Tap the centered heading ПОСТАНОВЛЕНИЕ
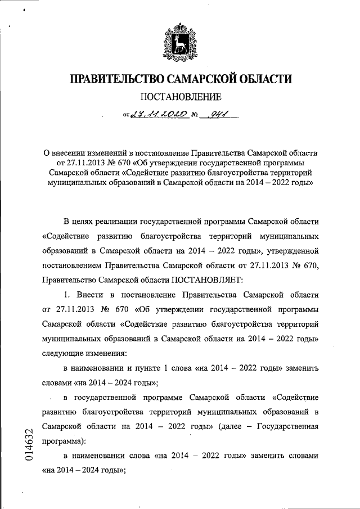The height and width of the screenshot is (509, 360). click(180, 97)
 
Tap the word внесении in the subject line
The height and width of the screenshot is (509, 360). click(71, 152)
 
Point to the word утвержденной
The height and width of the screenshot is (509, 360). click(293, 250)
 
